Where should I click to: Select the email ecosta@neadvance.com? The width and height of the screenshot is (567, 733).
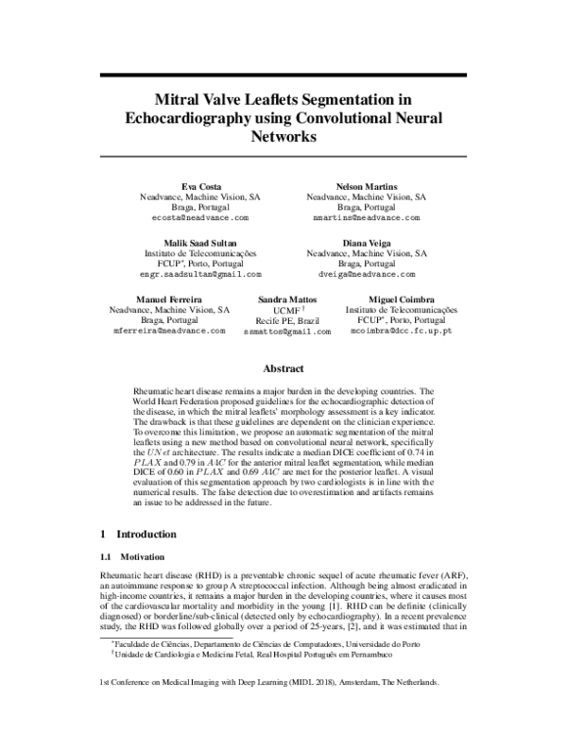pos(200,217)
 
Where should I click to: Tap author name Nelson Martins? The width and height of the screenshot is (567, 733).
pos(366,186)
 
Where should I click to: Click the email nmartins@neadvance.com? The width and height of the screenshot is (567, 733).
pos(366,217)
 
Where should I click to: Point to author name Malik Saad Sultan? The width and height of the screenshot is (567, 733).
pos(200,243)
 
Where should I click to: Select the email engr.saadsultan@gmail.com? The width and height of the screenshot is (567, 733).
pos(200,274)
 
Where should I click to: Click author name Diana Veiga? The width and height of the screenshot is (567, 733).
pos(366,243)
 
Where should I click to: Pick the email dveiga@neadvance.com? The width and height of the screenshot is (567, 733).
pos(366,274)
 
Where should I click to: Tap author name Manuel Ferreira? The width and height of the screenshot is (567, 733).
pos(170,298)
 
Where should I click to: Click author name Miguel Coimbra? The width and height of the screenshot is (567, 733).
pos(401,298)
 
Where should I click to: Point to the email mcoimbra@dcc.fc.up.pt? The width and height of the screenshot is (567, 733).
pos(401,332)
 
